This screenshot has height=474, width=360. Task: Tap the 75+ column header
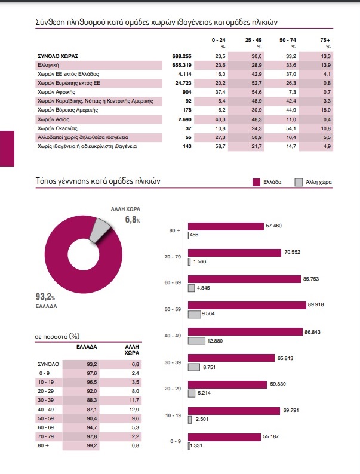[325, 39]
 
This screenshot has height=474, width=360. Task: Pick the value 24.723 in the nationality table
[179, 83]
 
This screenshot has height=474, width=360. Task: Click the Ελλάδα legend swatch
[257, 181]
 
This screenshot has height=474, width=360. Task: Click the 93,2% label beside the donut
[45, 297]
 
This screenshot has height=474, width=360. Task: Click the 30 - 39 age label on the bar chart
[173, 362]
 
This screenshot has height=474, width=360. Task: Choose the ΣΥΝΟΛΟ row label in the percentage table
[48, 364]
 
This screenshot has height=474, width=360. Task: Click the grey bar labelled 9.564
[194, 314]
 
